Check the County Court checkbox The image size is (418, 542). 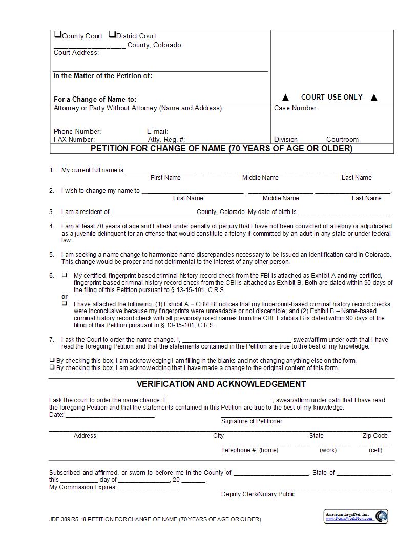(x=58, y=35)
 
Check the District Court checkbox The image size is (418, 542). (x=112, y=35)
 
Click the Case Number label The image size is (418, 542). (x=296, y=108)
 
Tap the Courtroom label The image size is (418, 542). (x=342, y=139)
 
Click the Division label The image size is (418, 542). (x=285, y=139)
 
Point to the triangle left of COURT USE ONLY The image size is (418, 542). (x=286, y=98)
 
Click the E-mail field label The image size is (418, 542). (x=157, y=131)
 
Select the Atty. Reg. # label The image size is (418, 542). (x=166, y=139)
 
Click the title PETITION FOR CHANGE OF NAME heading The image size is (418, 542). (x=221, y=148)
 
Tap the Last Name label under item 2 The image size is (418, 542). (x=366, y=198)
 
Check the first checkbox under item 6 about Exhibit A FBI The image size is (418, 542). (x=65, y=275)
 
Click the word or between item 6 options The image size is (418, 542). (x=65, y=297)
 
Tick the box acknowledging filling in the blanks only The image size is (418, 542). (x=52, y=360)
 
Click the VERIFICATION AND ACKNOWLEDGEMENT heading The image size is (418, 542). (x=221, y=384)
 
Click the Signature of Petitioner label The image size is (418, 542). (x=252, y=421)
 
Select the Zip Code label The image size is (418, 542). (x=375, y=435)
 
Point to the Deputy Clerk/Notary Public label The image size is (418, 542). (x=258, y=494)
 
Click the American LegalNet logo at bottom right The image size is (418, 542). (x=357, y=516)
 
